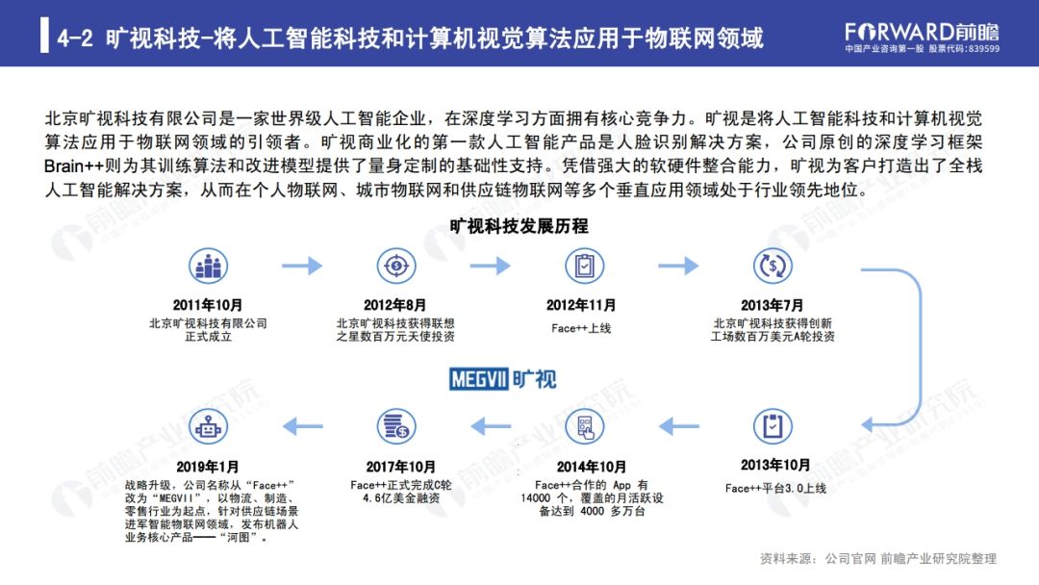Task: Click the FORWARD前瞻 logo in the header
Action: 922,29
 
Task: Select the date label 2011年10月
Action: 208,305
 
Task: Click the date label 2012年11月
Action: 582,305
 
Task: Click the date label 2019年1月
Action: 210,467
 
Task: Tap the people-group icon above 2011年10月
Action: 208,265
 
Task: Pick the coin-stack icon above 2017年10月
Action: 395,424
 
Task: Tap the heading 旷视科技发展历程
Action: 519,227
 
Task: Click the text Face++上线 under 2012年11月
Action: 582,328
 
